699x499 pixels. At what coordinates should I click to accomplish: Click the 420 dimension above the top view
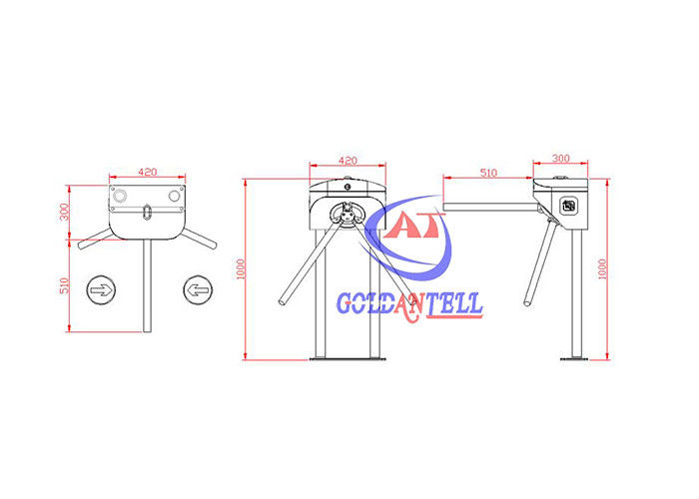[x=147, y=172]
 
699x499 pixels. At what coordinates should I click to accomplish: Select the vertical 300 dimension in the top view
[x=65, y=212]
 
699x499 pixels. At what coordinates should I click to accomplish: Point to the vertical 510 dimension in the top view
[x=65, y=285]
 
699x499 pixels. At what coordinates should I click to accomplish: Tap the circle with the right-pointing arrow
[x=101, y=290]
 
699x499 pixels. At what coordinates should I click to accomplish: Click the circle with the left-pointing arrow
[x=198, y=290]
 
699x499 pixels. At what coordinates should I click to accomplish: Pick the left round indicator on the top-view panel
[x=120, y=196]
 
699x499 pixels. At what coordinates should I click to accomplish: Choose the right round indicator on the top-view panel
[x=175, y=196]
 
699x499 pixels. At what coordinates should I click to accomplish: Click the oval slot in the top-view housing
[x=147, y=212]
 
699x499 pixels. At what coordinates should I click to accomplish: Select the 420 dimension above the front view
[x=348, y=161]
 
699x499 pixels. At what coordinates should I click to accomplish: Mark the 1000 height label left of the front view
[x=241, y=269]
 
